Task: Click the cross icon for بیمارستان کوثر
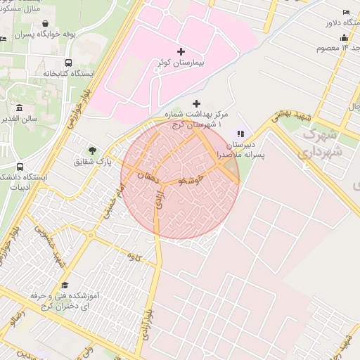[181, 51]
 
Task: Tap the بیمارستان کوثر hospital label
[181, 63]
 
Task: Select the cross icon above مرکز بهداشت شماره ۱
[196, 104]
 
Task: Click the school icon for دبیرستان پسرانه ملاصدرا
[240, 134]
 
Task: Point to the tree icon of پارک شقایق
[92, 150]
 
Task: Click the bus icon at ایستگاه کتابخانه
[67, 62]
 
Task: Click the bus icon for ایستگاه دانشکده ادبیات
[19, 167]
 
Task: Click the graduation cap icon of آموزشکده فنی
[65, 285]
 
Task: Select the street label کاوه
[134, 258]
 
